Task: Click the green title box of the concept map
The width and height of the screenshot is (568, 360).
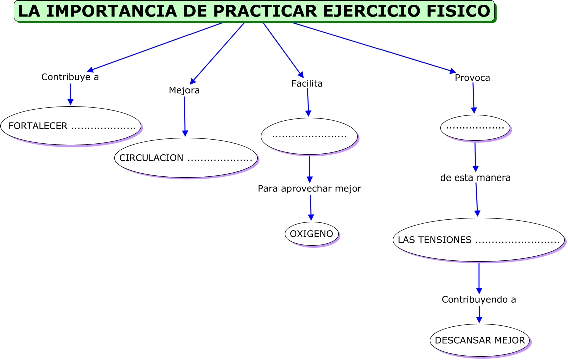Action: coord(254,11)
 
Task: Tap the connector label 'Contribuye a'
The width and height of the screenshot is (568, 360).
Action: coord(70,77)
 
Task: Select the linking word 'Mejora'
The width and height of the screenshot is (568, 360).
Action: coord(184,90)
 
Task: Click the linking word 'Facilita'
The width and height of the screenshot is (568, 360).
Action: coord(307,84)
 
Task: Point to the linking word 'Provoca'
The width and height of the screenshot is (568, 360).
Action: coord(472,78)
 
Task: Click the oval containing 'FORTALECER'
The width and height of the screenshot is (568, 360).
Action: coord(71,126)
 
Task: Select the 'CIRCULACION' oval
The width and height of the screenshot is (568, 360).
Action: coord(186,158)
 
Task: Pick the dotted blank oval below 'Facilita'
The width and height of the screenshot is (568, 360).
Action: coord(309,136)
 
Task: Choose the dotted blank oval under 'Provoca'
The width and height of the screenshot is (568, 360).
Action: coord(475,128)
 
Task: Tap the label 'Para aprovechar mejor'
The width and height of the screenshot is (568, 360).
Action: coord(309,189)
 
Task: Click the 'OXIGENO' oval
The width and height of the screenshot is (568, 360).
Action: coord(312,234)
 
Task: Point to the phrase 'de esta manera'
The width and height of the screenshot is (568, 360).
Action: coord(475,178)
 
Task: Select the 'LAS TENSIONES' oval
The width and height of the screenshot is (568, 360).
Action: coord(479,240)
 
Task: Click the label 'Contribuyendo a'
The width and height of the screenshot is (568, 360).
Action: coord(479,300)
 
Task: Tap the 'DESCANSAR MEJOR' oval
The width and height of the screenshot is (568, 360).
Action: coord(480,340)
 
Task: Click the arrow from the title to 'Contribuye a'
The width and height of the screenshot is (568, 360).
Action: coord(155,47)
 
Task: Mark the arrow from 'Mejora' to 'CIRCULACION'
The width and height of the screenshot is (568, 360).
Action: coord(185,116)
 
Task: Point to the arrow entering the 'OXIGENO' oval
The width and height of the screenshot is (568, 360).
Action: coord(311,207)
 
